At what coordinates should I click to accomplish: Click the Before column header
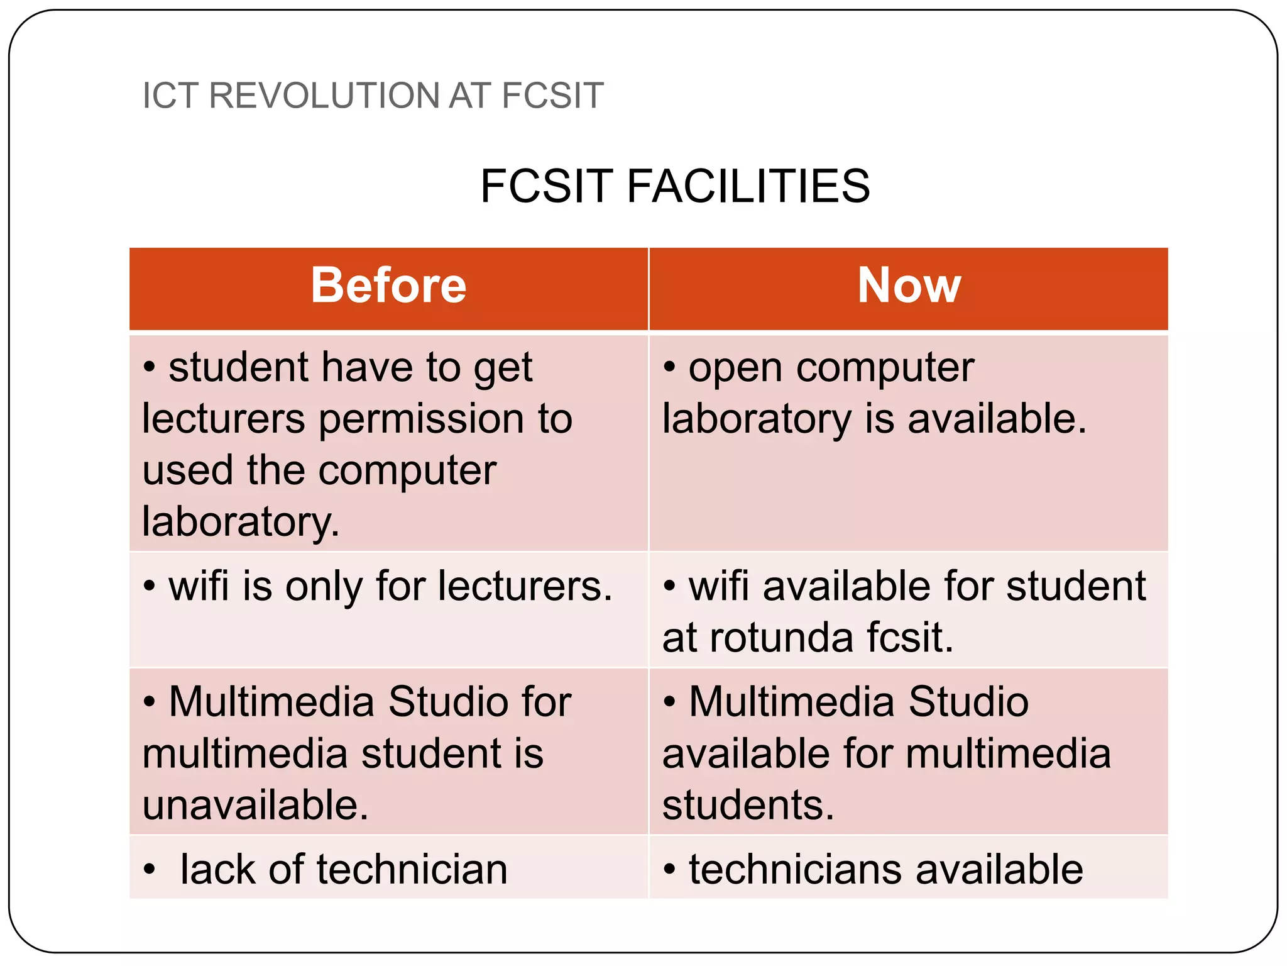388,286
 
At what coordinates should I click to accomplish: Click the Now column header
909,286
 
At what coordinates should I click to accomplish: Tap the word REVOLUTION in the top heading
324,96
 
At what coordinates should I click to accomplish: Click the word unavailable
255,806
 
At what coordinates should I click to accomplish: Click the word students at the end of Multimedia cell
748,806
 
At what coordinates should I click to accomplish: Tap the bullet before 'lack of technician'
149,870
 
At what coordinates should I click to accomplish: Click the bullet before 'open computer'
669,368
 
